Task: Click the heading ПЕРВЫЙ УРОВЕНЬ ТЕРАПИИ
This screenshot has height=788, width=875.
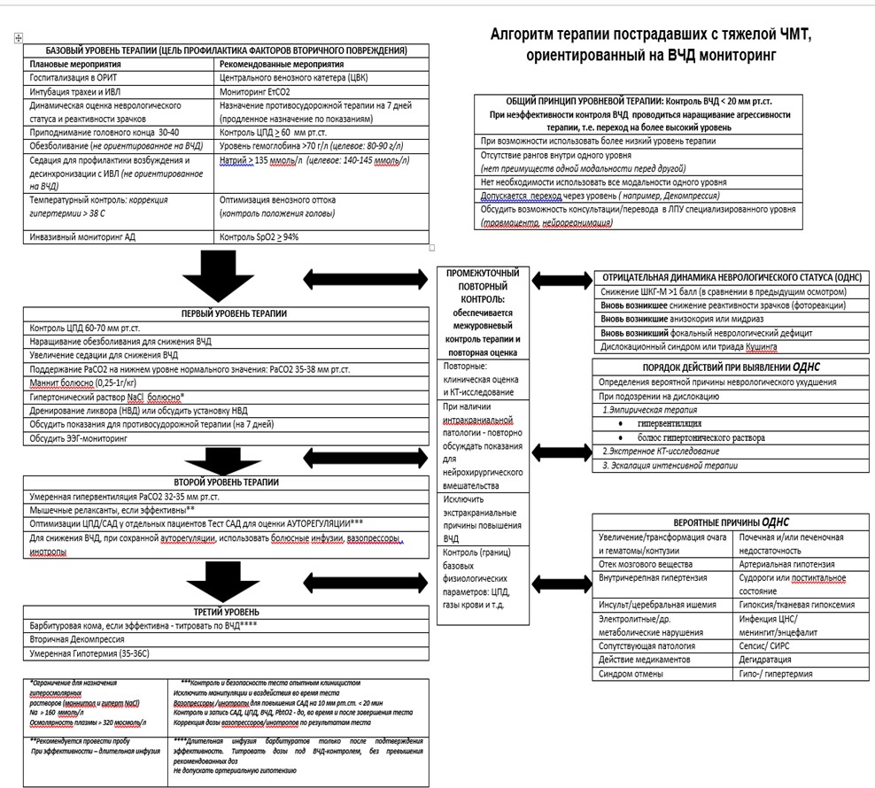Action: click(x=234, y=313)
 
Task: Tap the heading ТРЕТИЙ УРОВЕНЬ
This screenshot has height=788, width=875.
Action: click(x=227, y=612)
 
